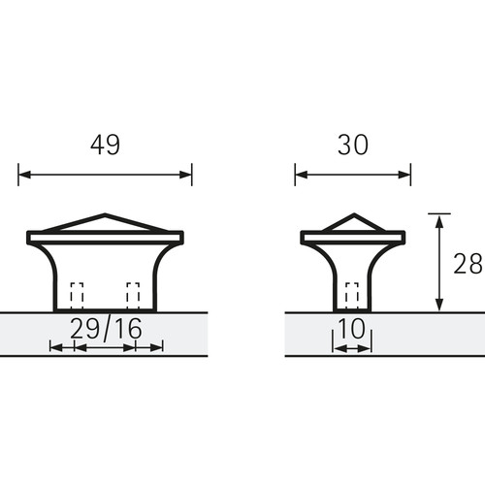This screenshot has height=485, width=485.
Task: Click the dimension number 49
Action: (x=105, y=145)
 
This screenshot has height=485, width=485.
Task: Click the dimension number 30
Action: (x=353, y=145)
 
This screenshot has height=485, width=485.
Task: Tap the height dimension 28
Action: (x=468, y=264)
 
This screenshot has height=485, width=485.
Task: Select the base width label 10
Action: (x=352, y=328)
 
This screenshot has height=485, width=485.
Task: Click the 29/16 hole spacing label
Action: (x=106, y=329)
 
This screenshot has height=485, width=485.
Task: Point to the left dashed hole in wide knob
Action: (x=77, y=296)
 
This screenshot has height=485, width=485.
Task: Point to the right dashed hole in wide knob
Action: (x=133, y=296)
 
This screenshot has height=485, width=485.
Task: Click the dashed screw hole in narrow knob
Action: (x=352, y=296)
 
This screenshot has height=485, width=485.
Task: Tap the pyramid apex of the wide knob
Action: (x=105, y=214)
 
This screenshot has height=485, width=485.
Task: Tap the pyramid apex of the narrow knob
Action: (x=354, y=214)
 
